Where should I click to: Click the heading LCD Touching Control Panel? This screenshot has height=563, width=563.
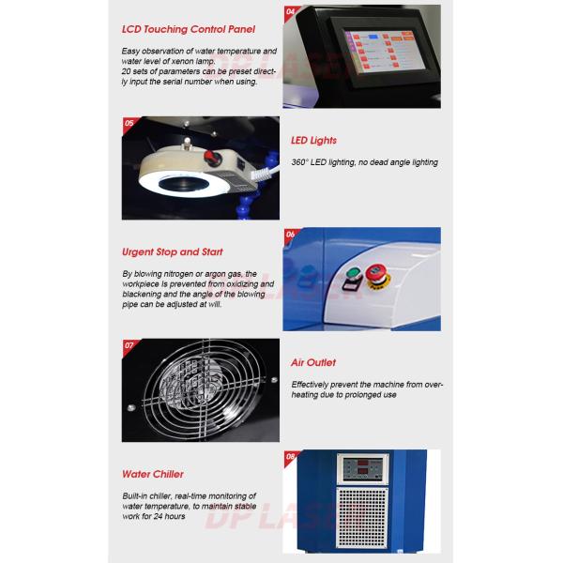189,29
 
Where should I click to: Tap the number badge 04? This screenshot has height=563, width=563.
291,11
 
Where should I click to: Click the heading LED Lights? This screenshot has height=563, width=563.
313,141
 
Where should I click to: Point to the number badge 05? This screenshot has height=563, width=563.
129,122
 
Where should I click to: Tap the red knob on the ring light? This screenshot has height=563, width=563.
212,158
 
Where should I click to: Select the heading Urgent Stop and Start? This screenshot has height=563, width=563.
173,251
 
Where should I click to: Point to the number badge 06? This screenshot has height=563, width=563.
291,234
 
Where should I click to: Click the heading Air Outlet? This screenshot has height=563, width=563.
313,362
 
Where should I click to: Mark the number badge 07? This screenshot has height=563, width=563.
129,344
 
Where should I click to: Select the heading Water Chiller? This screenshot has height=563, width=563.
153,474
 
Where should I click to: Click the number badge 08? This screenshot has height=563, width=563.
291,456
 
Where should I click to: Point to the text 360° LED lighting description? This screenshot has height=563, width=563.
364,162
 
